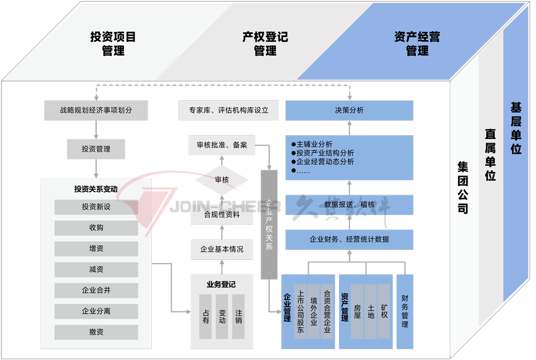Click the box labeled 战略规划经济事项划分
96,111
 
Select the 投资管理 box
96,149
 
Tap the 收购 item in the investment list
96,228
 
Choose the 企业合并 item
96,290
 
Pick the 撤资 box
96,332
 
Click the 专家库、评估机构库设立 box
229,111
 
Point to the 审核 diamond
222,180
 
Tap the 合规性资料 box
222,215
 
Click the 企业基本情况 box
222,249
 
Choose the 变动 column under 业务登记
222,316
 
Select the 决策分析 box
349,111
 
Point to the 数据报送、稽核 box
349,205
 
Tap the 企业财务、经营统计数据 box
349,239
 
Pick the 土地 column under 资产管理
371,311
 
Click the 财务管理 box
405,311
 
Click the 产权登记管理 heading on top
265,44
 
